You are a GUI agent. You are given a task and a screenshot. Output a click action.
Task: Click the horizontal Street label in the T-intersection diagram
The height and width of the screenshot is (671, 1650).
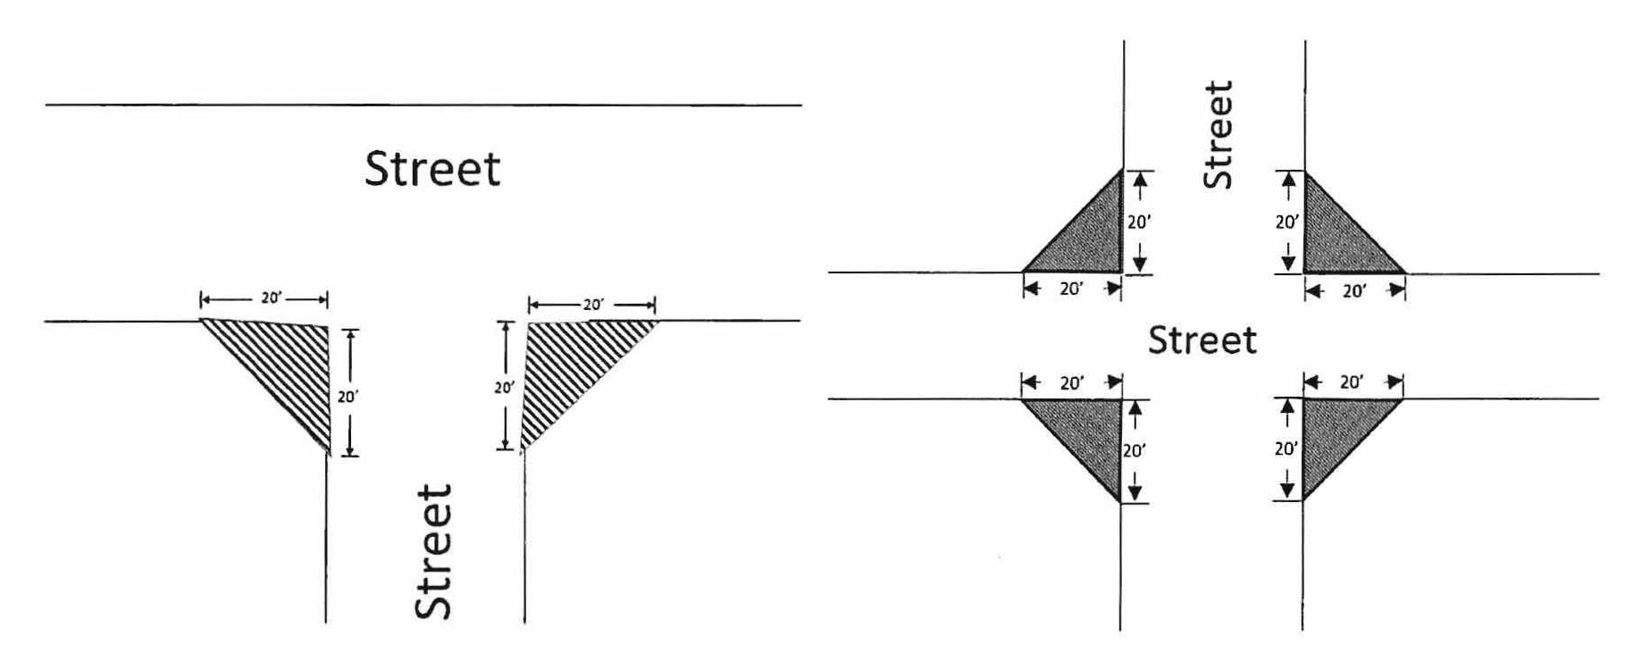coord(432,169)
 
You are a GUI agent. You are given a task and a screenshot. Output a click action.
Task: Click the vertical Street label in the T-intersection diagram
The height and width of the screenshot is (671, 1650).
coord(434,552)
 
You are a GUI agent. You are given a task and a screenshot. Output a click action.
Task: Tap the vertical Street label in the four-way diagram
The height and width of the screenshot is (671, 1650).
coord(1218,134)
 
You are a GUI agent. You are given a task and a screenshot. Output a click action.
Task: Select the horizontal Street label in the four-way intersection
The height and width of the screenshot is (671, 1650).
coord(1202,340)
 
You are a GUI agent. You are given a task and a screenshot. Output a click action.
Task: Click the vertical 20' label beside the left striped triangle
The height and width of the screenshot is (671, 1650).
coord(347,397)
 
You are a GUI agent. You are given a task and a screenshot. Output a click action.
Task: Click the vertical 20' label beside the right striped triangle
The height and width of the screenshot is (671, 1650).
coord(504,388)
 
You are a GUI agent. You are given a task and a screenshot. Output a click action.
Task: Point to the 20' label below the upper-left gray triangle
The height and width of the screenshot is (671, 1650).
coord(1071,289)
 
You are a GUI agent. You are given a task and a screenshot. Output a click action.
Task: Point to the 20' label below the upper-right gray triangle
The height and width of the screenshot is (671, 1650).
coord(1354,291)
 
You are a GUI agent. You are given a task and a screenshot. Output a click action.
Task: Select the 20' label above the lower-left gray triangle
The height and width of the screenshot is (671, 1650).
coord(1072,383)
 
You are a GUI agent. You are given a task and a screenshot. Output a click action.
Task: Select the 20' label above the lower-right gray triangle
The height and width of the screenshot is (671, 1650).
coord(1352,382)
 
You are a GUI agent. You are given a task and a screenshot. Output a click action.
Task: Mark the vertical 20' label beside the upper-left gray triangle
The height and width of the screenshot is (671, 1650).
coord(1138,222)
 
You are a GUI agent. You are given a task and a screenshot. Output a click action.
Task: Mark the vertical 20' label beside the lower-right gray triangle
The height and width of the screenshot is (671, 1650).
coord(1286,449)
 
